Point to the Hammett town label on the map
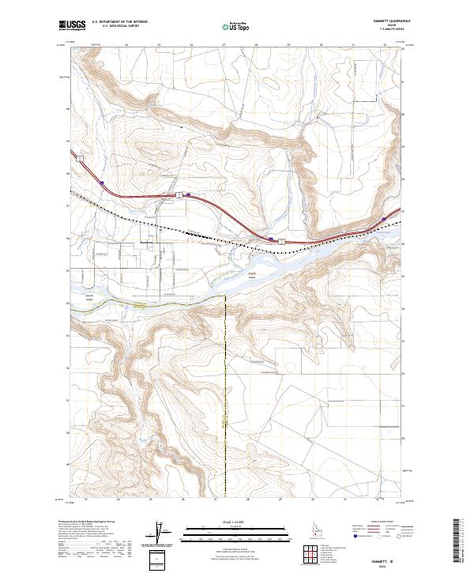[x=145, y=242]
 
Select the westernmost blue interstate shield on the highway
[x=103, y=183]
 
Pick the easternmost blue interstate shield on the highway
[x=384, y=219]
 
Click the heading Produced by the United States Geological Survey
[x=89, y=522]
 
